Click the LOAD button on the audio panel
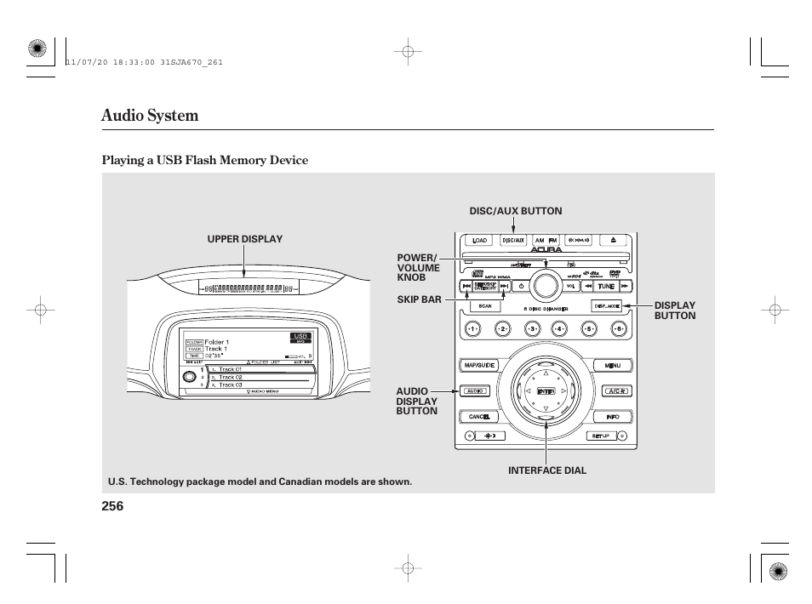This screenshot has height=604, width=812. pos(480,241)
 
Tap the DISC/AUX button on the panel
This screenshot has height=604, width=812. pos(513,241)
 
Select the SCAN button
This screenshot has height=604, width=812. pos(485,306)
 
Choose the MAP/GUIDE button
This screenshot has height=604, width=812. pos(479,365)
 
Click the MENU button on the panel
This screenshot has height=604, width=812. pos(612,365)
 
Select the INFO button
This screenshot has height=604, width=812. pos(612,417)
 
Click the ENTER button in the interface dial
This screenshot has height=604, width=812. pos(546,391)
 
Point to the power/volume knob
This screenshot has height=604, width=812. pos(546,284)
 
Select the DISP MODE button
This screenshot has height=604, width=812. pos(607,305)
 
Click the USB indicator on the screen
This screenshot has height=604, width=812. pos(300,337)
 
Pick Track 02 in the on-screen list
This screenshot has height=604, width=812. pos(231,377)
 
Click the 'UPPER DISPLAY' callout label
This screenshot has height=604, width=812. pos(245,239)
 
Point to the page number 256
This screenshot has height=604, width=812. pos(112,505)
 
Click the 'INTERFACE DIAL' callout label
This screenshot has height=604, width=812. pos(547,470)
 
